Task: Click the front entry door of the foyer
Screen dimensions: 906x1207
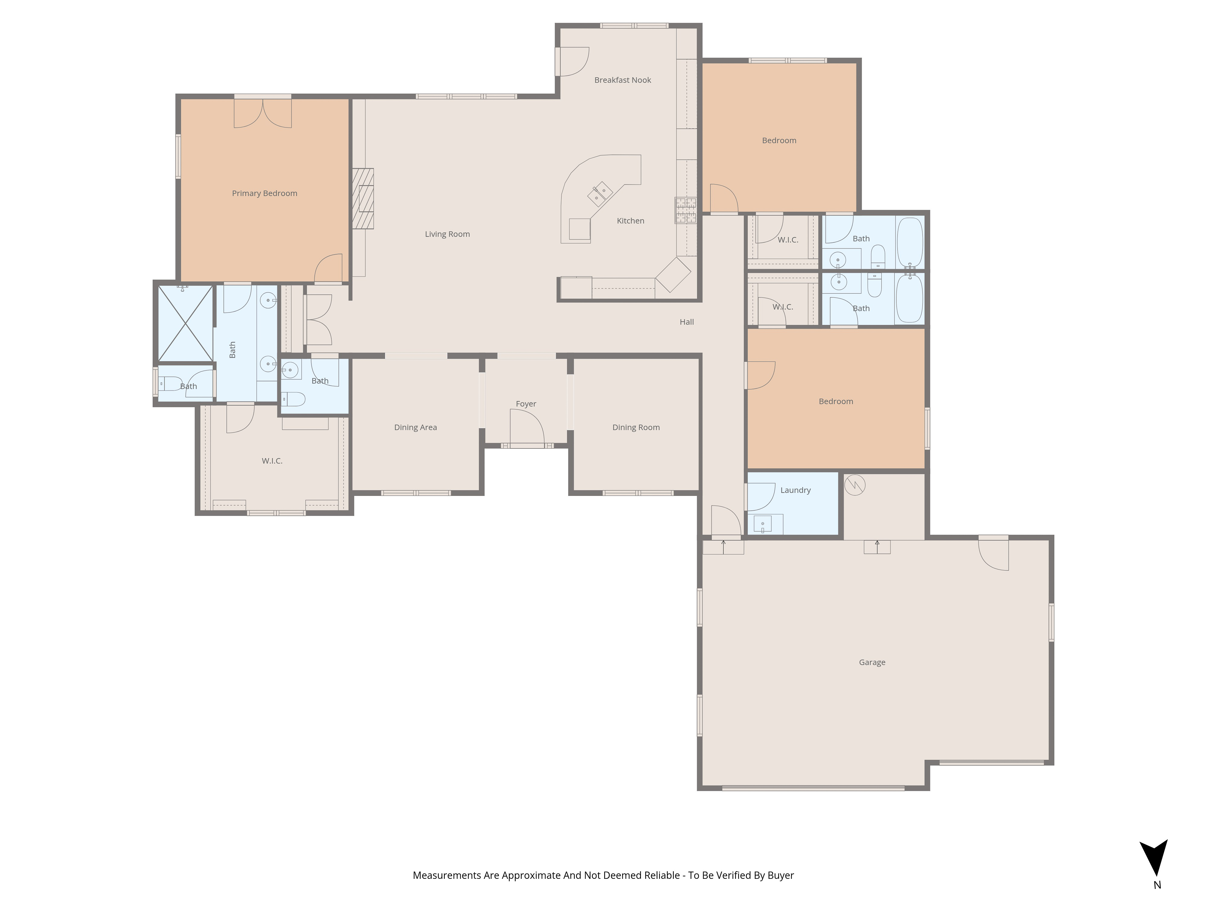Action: [527, 429]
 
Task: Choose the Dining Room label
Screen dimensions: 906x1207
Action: [636, 428]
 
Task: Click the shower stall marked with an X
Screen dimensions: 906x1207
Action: [185, 323]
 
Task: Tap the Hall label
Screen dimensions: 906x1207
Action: [686, 322]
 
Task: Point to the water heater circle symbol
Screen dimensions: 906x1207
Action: [855, 485]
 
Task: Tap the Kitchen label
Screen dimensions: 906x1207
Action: [630, 221]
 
